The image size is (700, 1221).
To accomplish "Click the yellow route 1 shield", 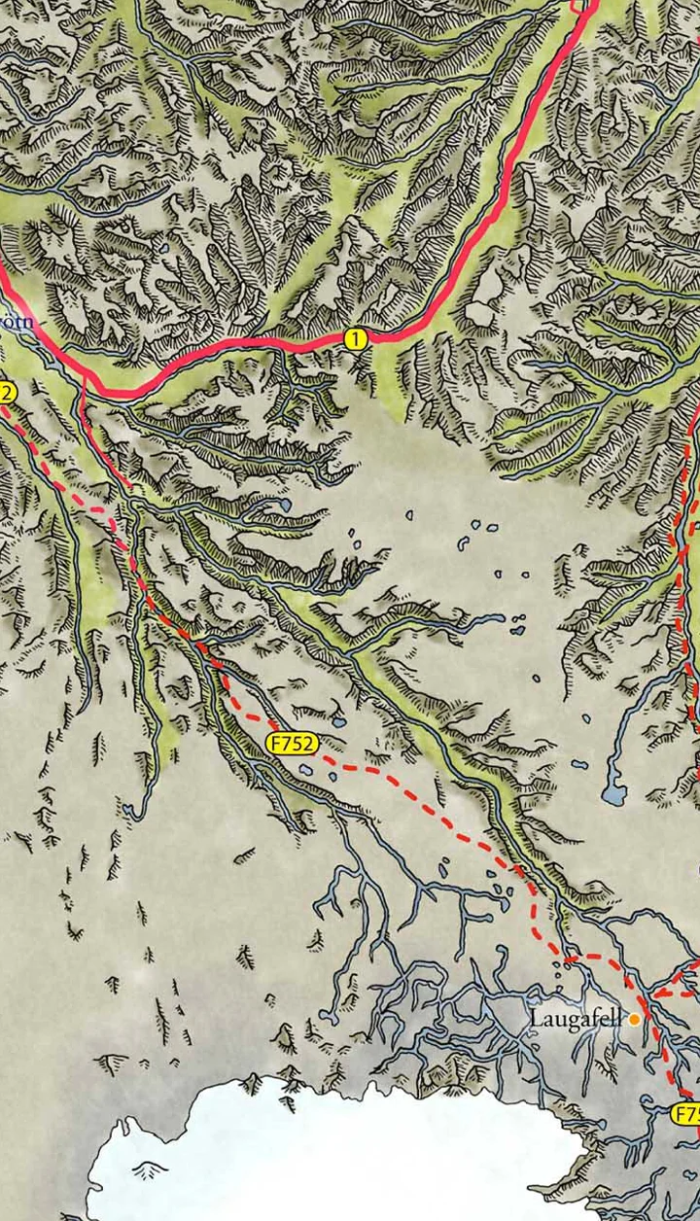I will point(357,338).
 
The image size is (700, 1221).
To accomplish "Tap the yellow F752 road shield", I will point(292,744).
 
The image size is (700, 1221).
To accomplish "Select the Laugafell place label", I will point(575,1019).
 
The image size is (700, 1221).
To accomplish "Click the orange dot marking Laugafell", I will point(634,1020).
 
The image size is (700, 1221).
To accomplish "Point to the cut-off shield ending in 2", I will point(7,393).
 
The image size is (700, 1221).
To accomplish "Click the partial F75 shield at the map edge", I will point(685,1113).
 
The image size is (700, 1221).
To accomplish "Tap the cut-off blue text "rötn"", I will point(17,322).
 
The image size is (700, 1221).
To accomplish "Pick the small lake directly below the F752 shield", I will point(305,769).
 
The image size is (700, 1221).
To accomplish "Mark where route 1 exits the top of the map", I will point(583,4).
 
